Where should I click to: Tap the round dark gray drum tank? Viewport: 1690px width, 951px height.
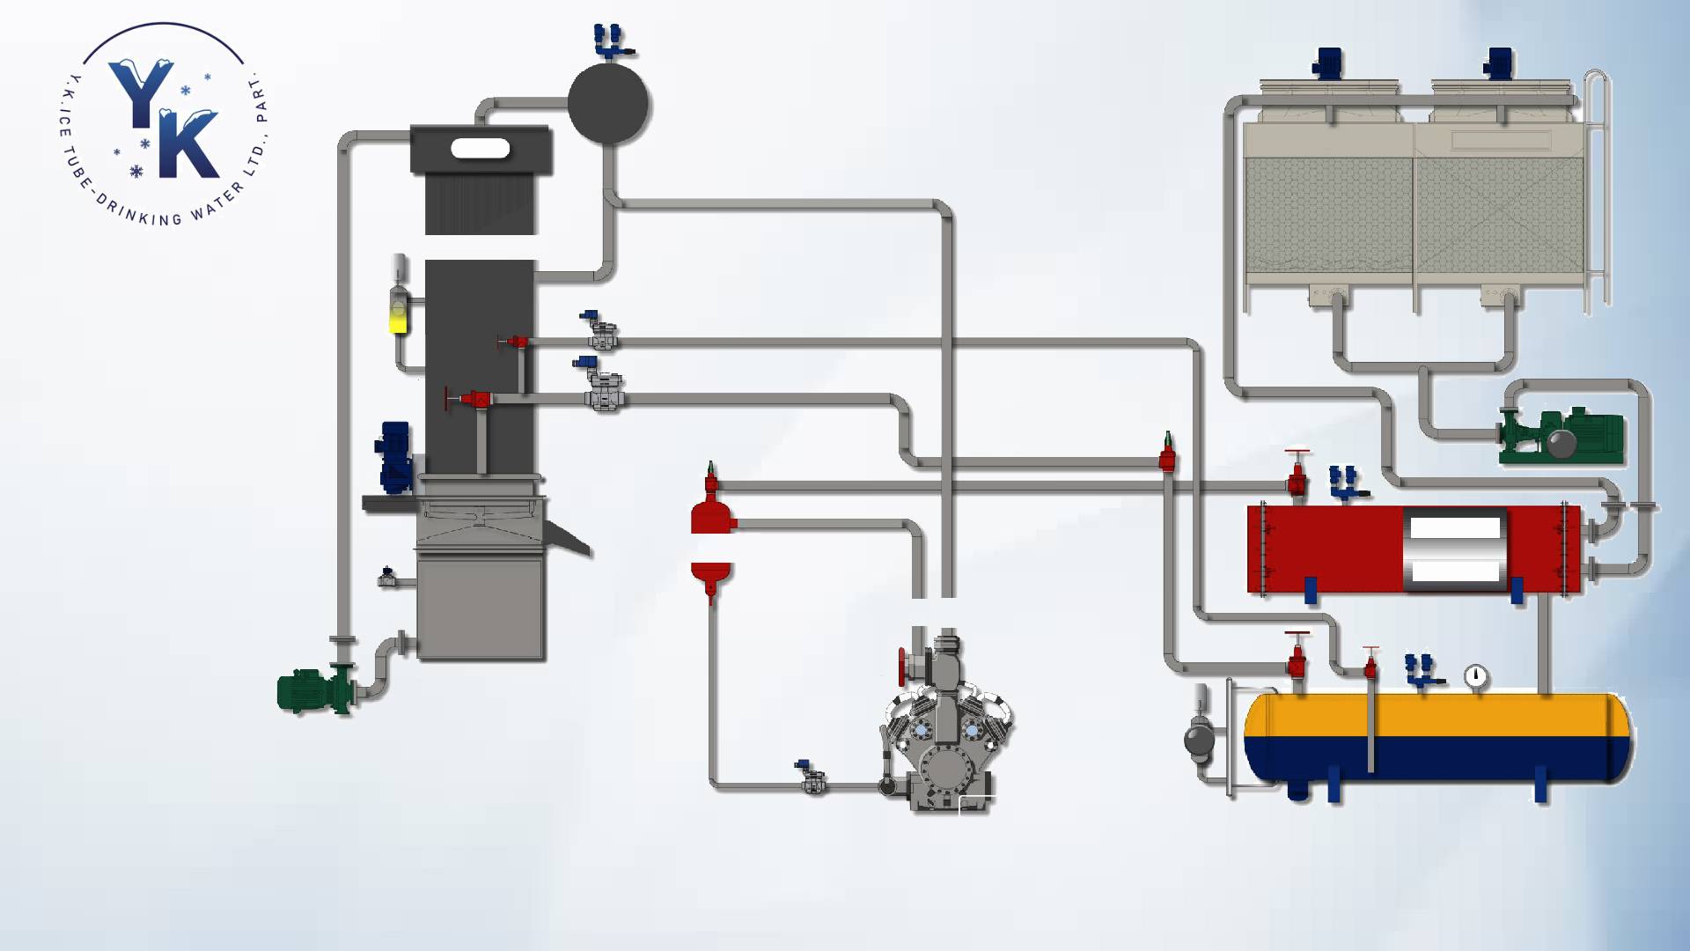608,103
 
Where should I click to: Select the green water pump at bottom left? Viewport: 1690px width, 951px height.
316,689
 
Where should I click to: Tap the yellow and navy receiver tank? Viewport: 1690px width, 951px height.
1437,738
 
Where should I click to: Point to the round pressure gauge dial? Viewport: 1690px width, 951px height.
1476,676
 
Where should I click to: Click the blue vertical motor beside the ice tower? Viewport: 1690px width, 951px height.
394,457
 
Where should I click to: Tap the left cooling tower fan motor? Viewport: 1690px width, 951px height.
1326,63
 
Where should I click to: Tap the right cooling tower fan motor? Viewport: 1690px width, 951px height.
1498,63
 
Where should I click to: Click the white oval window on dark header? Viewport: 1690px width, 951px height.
481,148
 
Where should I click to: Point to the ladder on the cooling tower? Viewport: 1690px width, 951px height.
1597,189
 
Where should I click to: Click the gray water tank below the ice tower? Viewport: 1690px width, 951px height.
481,608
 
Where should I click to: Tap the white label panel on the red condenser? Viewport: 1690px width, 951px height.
1455,550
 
